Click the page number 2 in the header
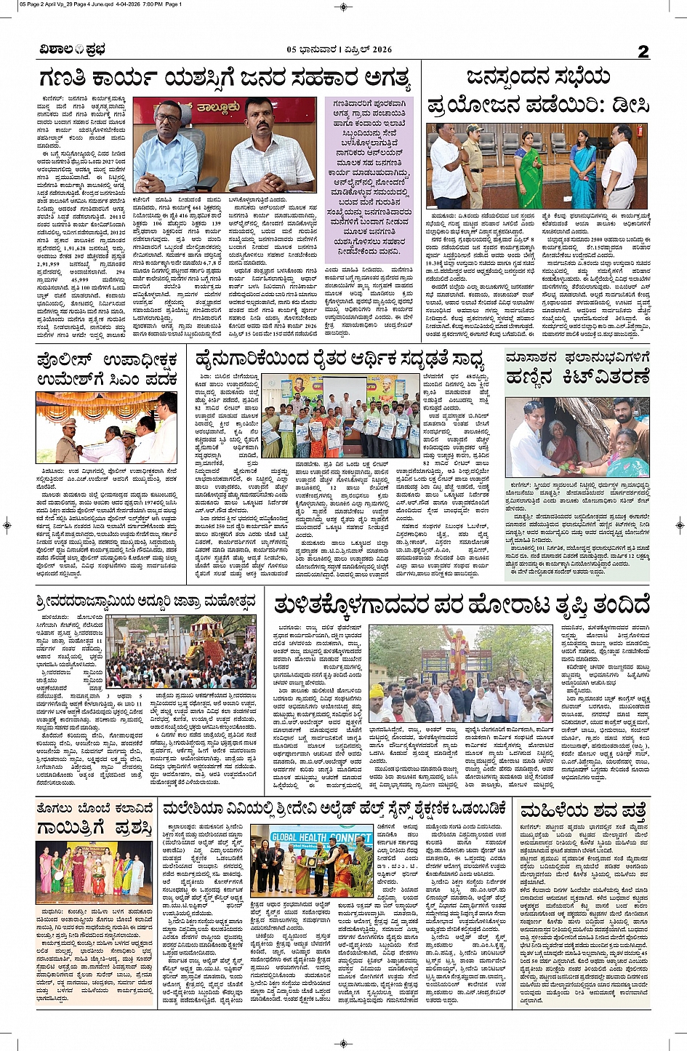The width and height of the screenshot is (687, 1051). click(x=643, y=51)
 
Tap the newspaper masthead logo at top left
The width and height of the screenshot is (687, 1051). click(x=73, y=50)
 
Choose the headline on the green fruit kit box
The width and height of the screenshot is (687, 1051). click(x=577, y=368)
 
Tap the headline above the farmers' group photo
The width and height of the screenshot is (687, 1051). click(x=346, y=359)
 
